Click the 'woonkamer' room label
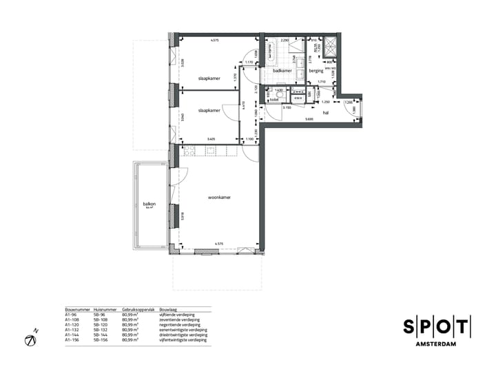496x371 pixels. coord(220,197)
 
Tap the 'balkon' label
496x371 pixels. coord(149,204)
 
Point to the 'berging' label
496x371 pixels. coord(316,71)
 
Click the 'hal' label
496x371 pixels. coord(326,114)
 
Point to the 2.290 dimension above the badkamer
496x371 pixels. coord(285,41)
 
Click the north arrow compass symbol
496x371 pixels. coord(30,340)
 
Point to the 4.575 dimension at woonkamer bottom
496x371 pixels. coord(219,244)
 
